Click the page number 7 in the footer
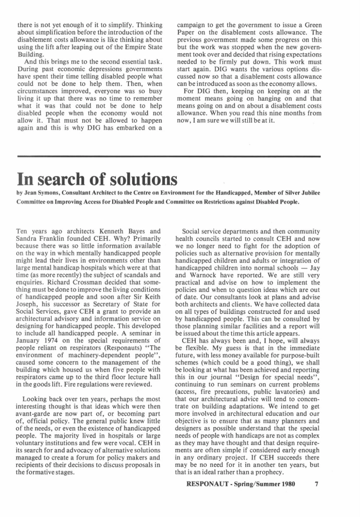[x=316, y=484]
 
